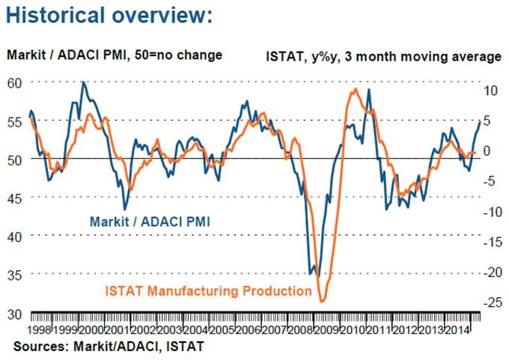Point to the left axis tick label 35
15,274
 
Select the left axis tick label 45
15,198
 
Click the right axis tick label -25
490,303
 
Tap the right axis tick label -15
490,242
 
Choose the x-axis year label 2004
196,330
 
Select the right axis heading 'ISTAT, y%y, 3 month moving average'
383,56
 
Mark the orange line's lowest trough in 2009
322,301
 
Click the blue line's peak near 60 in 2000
82,82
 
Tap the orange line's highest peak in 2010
353,90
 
